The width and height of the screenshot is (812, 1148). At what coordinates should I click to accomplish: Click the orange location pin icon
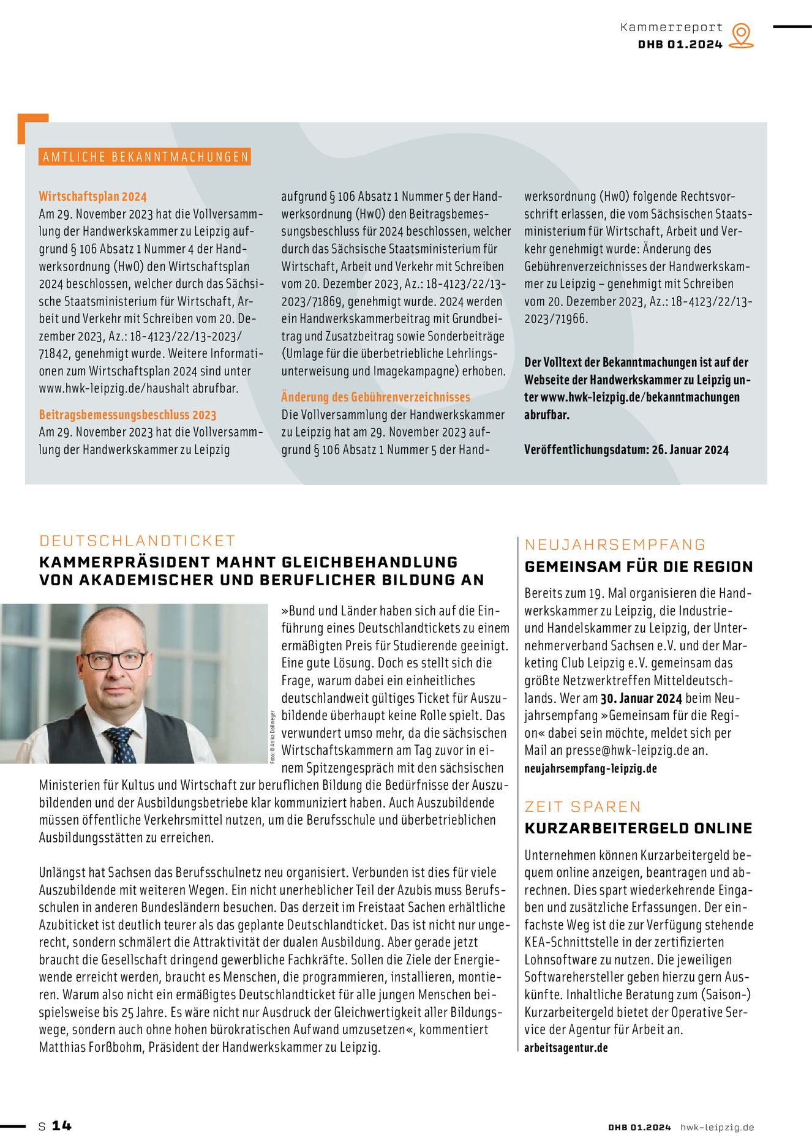click(x=742, y=35)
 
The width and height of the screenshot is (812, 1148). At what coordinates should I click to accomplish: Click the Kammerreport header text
click(x=671, y=28)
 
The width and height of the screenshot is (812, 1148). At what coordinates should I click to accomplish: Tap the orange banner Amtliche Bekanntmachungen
click(x=145, y=157)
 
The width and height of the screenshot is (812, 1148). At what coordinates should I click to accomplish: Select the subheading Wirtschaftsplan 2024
click(x=92, y=197)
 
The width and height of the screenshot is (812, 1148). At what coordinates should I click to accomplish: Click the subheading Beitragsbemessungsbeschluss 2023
click(x=127, y=415)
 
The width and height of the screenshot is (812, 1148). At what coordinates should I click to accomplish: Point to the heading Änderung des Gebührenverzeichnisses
click(x=375, y=397)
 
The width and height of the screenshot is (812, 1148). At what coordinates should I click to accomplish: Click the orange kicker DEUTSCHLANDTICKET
click(x=137, y=541)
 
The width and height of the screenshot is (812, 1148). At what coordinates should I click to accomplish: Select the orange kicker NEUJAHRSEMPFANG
click(x=615, y=545)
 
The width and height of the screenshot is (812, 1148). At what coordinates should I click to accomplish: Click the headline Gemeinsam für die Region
click(x=639, y=567)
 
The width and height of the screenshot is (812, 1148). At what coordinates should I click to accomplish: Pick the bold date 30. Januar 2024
click(x=641, y=699)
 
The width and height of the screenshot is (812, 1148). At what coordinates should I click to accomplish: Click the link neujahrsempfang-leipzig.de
click(x=590, y=768)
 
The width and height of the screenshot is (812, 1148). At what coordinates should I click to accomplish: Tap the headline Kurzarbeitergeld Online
click(x=638, y=828)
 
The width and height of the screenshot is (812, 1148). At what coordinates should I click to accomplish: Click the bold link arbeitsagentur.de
click(x=566, y=1048)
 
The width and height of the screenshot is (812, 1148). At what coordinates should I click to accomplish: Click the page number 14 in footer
click(x=61, y=1126)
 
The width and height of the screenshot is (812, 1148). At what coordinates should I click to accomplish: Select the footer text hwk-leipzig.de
click(x=717, y=1127)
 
